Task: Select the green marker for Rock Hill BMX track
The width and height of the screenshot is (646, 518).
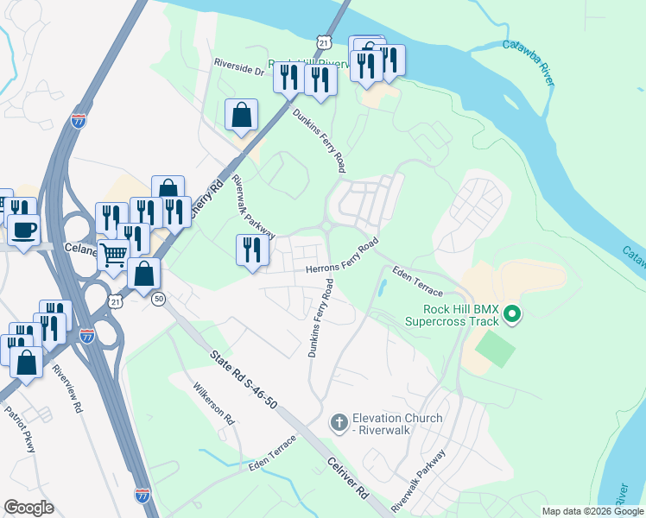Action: coord(512,313)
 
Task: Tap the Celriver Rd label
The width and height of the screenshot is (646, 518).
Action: coord(347,484)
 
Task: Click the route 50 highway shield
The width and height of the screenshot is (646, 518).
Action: coord(158,299)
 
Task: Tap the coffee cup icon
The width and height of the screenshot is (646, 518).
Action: coord(22,230)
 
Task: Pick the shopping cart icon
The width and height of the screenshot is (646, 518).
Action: coord(113,254)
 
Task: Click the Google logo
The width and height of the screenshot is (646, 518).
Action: coord(28,508)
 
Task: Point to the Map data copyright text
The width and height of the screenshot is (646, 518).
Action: coord(592,511)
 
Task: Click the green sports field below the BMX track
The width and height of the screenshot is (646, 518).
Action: coord(495,349)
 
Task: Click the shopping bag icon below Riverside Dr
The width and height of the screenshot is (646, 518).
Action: coord(242,115)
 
